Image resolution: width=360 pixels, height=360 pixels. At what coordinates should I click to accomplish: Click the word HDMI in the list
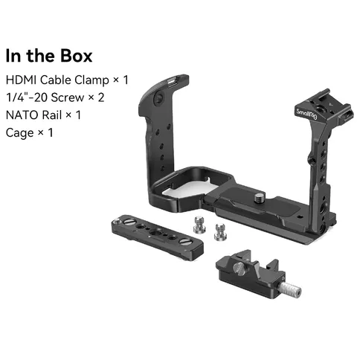[22, 80]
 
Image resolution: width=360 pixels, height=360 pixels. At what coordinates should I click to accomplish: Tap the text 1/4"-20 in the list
[27, 97]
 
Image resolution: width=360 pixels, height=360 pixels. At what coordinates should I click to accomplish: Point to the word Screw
[68, 97]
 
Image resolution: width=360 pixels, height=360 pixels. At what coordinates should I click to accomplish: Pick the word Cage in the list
[19, 133]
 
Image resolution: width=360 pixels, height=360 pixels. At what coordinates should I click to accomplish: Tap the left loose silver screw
[199, 225]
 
